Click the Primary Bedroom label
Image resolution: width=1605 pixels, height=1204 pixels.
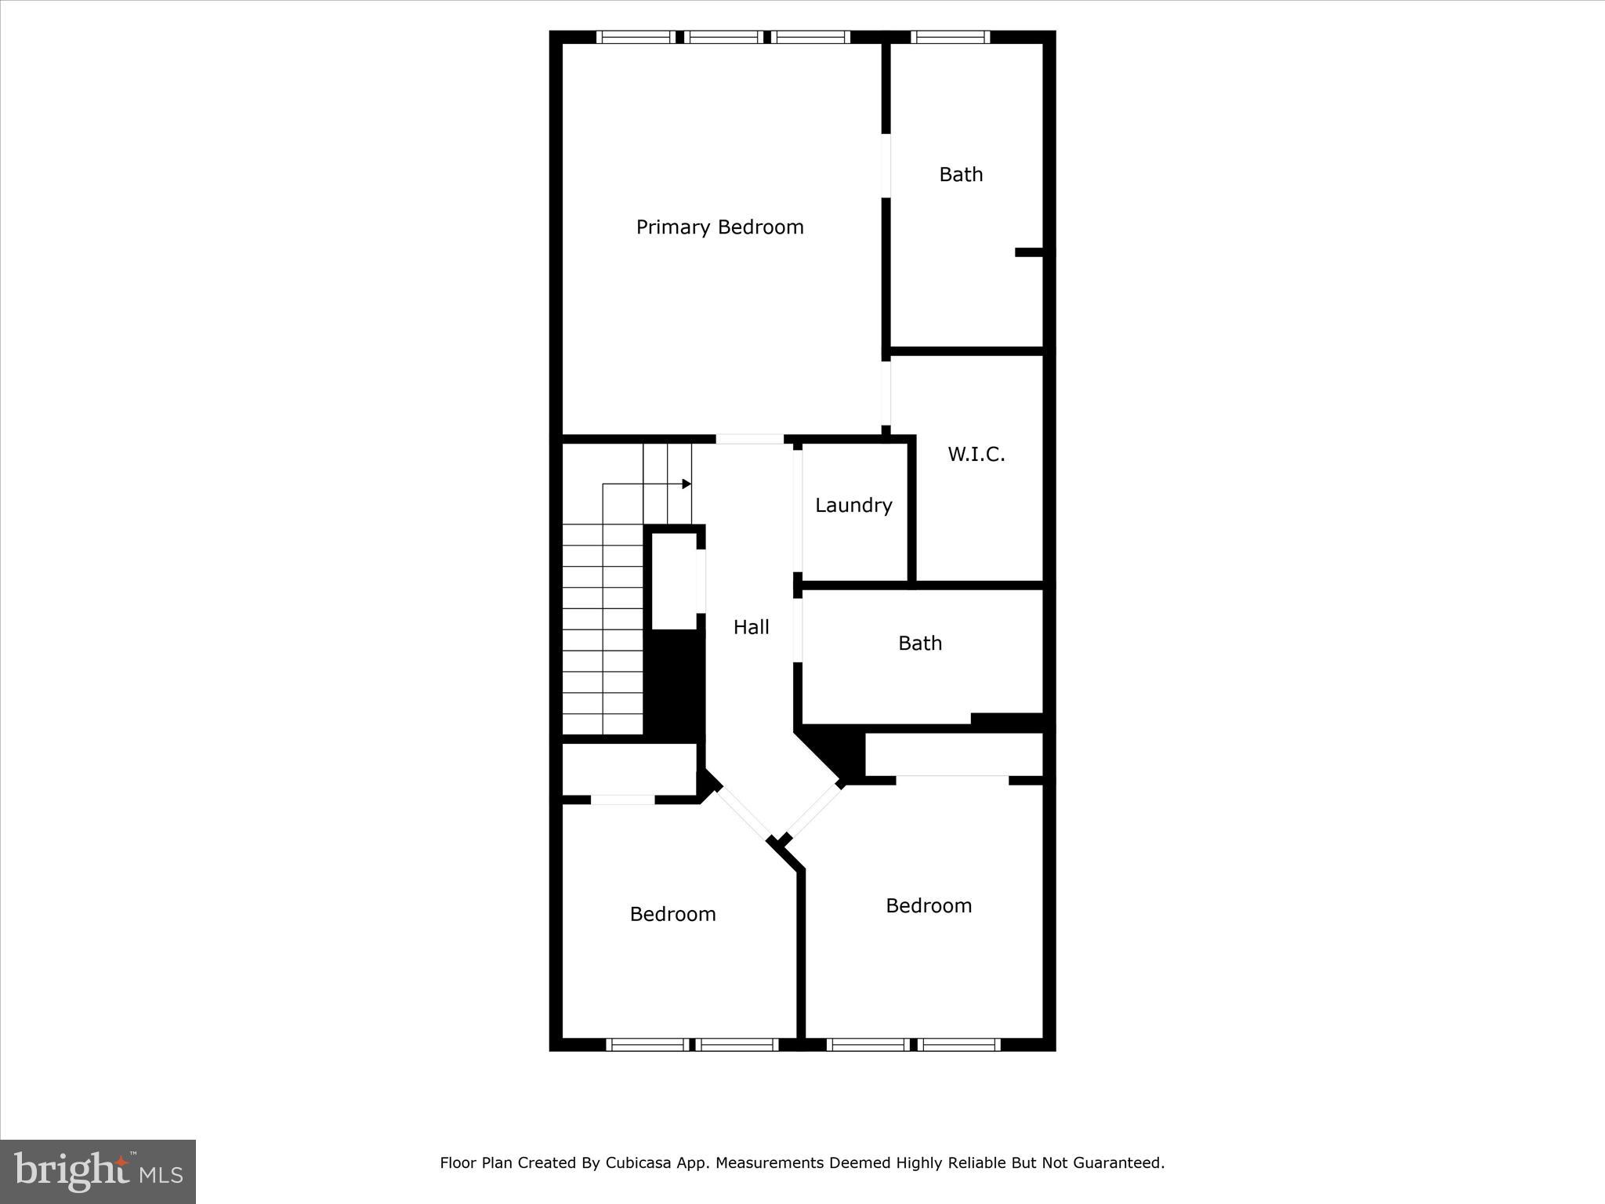(x=719, y=227)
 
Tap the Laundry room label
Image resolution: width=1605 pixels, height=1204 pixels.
(x=853, y=506)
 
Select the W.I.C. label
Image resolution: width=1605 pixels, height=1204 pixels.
(x=976, y=455)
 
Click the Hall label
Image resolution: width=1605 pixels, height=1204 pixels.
(x=751, y=627)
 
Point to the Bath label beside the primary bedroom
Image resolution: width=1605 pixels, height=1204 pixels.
(x=961, y=174)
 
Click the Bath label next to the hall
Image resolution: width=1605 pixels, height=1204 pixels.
(x=919, y=644)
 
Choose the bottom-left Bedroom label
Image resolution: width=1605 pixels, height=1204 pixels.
(x=672, y=914)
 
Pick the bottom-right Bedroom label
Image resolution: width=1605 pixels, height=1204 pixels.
(x=929, y=906)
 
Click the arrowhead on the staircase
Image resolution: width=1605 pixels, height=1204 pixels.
(x=687, y=484)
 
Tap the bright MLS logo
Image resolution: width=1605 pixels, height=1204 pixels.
(x=98, y=1171)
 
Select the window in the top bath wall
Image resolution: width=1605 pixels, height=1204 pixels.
(x=950, y=37)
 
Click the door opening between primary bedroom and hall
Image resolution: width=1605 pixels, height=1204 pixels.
(x=749, y=440)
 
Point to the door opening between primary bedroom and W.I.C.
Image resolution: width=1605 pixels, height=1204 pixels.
(x=886, y=392)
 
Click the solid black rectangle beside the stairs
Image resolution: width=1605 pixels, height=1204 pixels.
(x=674, y=684)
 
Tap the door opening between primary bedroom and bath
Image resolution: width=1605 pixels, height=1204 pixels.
(x=886, y=165)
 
